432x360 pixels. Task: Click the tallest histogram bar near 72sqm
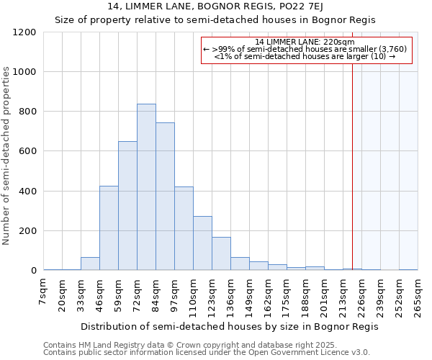click(x=146, y=187)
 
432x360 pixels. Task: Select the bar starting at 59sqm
click(x=127, y=206)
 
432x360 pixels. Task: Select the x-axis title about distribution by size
click(x=229, y=326)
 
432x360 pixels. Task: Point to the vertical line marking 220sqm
click(x=352, y=166)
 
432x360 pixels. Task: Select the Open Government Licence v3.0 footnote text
click(x=207, y=353)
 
